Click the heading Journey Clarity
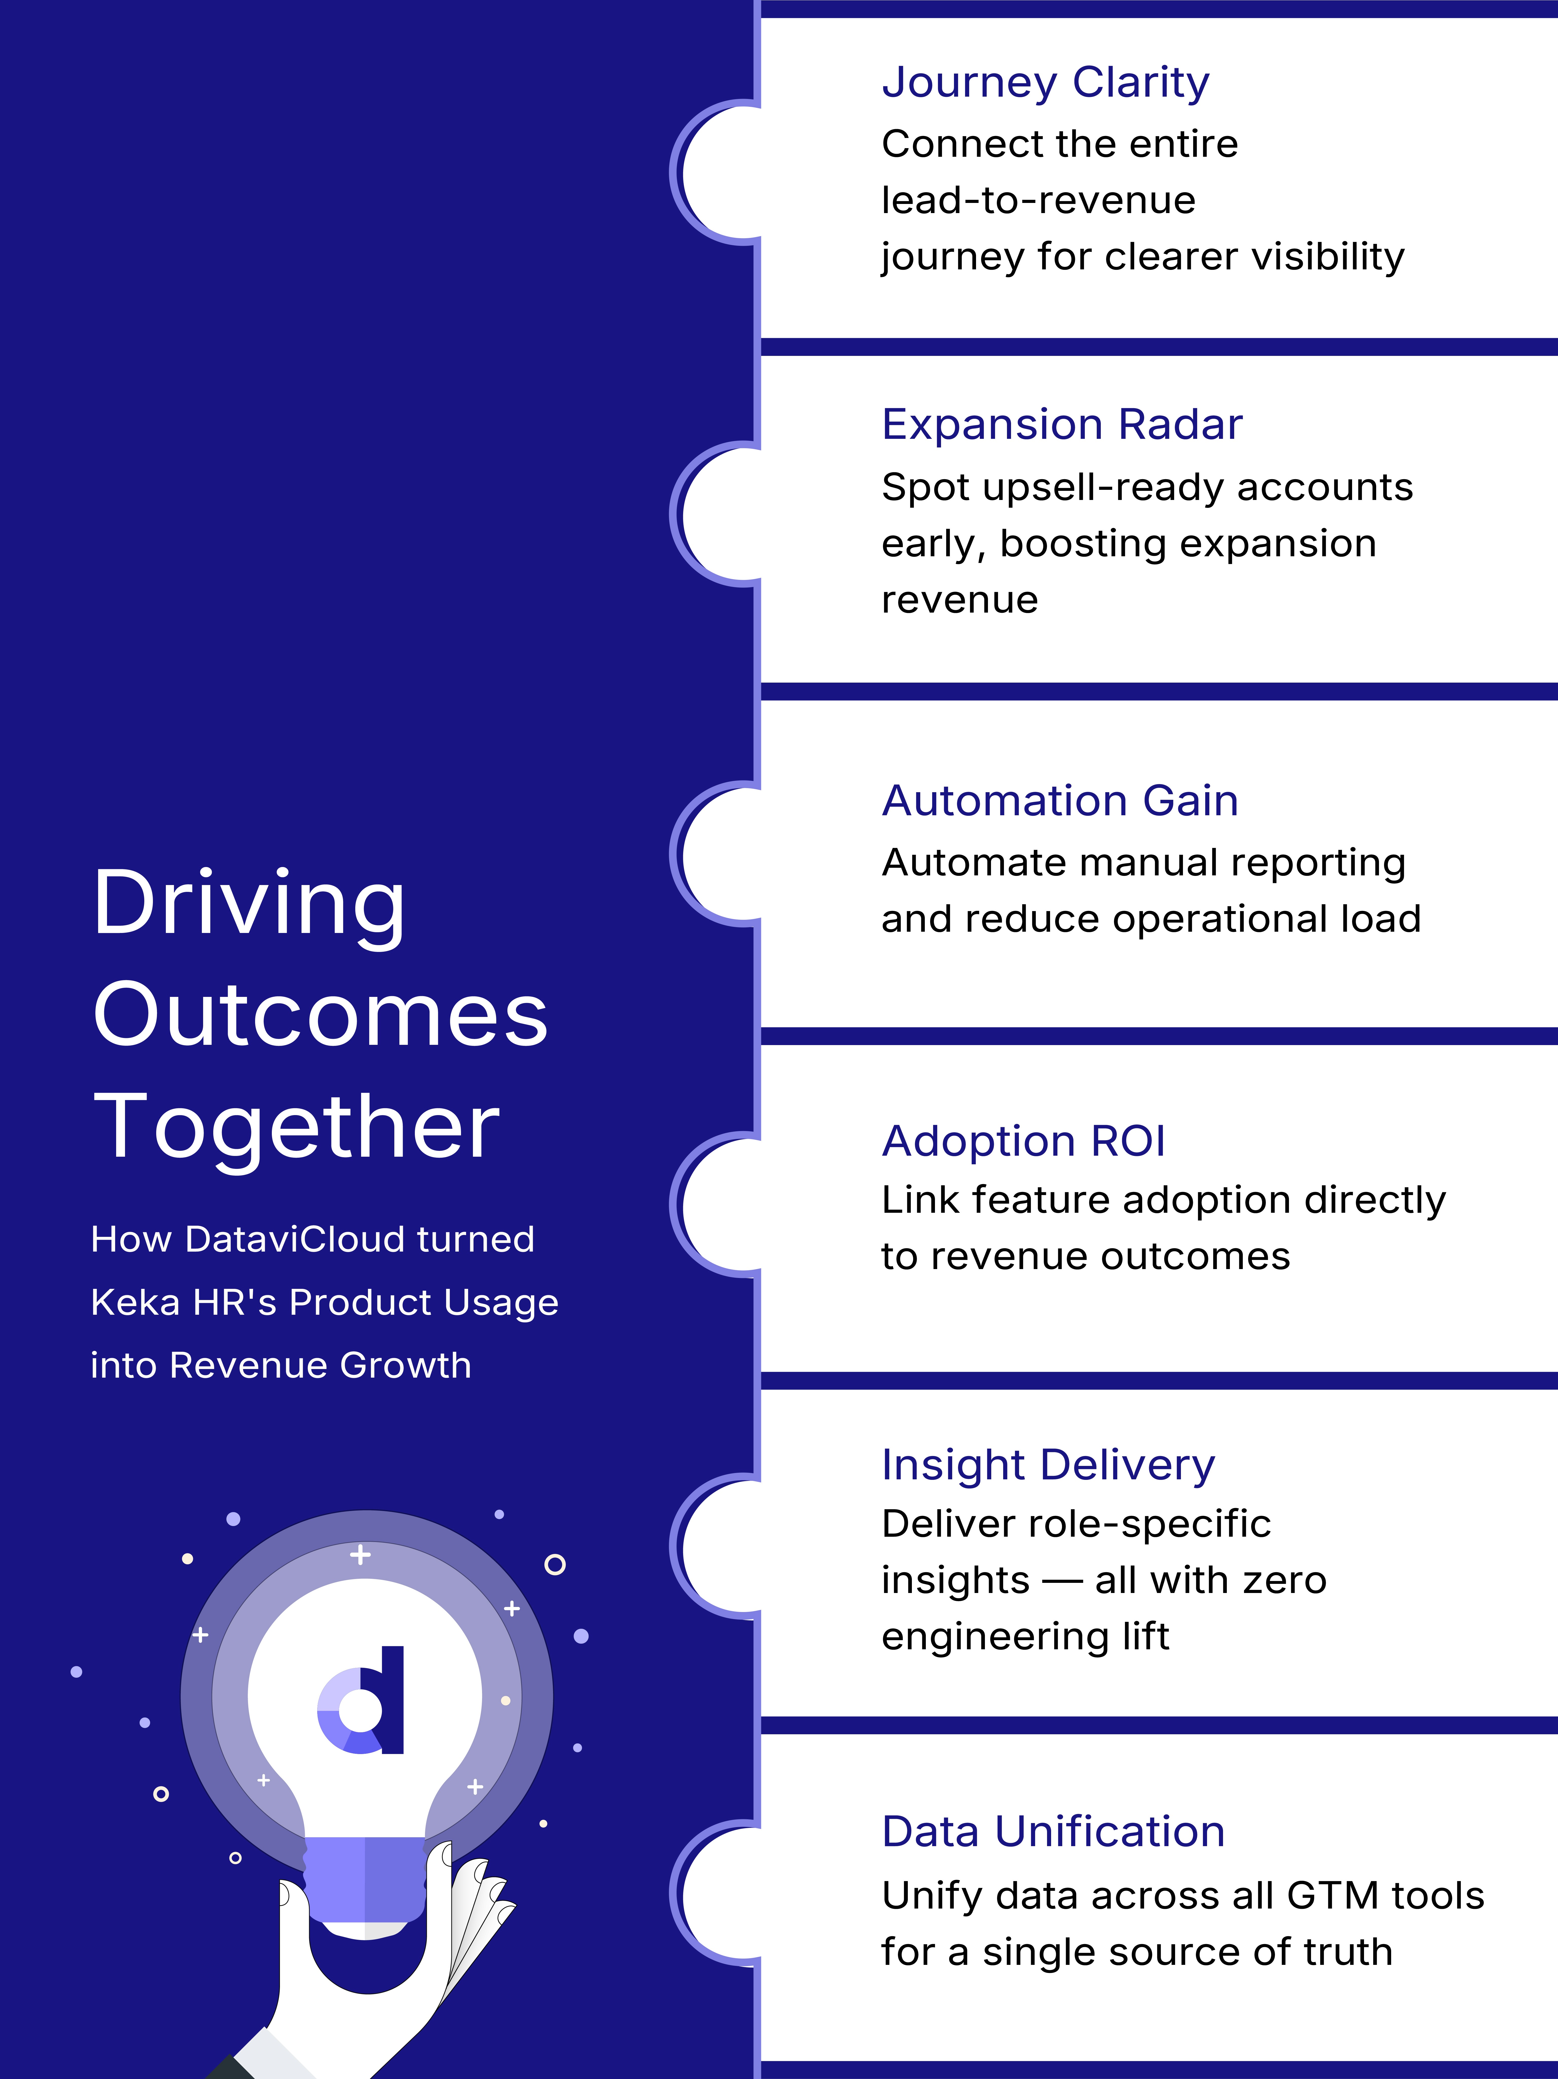click(x=1045, y=83)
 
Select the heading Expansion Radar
click(x=1062, y=425)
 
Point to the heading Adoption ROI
click(x=1023, y=1141)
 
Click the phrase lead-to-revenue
click(x=1038, y=200)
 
